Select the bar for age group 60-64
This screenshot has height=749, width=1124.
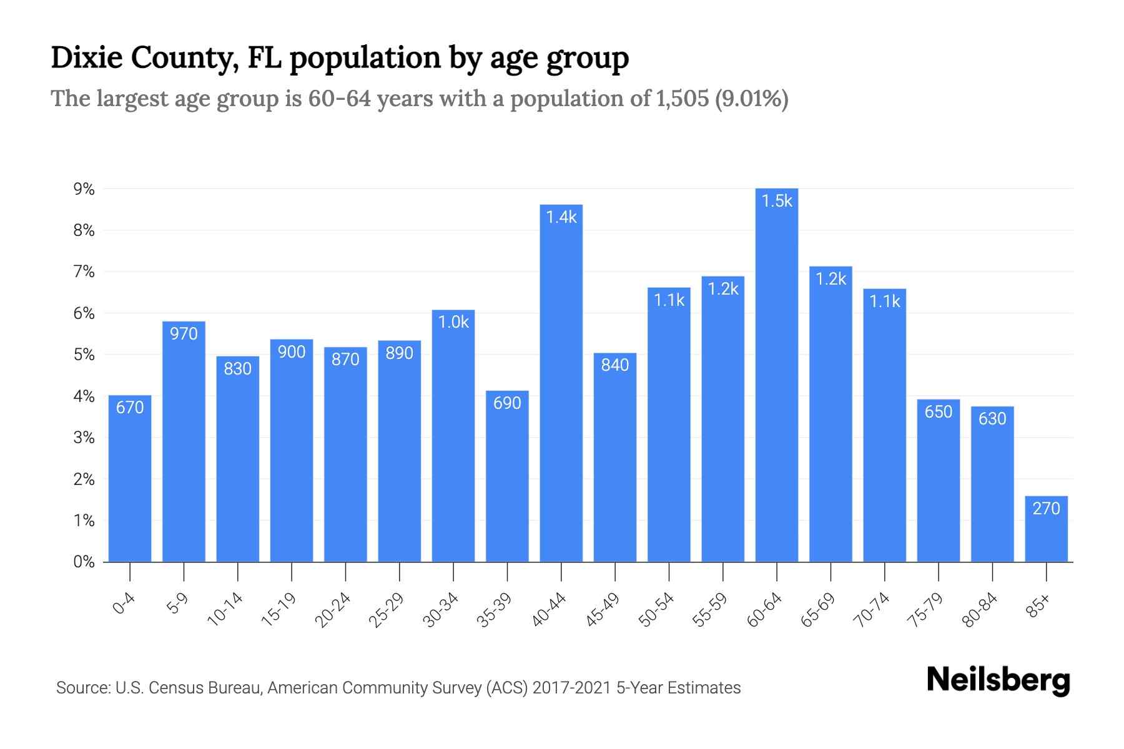tap(776, 374)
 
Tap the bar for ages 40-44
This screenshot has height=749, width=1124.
tap(561, 383)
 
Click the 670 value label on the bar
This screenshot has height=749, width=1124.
tap(130, 408)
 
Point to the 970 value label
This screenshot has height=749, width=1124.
tap(184, 334)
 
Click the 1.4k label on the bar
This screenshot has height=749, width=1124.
tap(561, 217)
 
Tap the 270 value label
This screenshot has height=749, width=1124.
tap(1046, 509)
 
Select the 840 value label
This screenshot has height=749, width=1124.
tap(614, 365)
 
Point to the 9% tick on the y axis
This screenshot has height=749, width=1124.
tap(84, 189)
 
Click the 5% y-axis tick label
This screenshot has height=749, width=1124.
tap(84, 355)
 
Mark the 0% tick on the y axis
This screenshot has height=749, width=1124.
tap(84, 562)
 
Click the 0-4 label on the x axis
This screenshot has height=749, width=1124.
tap(124, 604)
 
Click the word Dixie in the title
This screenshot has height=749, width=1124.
tap(85, 58)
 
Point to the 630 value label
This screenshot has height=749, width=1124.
tap(992, 418)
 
